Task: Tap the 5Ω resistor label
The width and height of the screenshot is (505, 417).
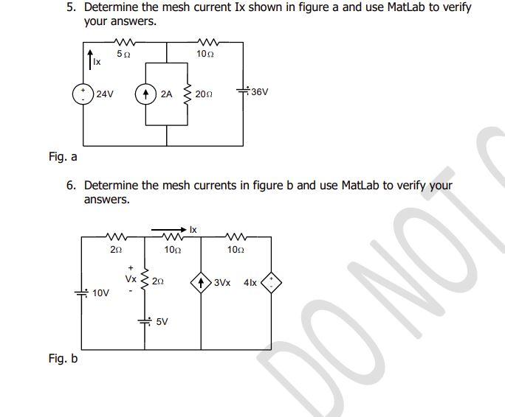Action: (124, 55)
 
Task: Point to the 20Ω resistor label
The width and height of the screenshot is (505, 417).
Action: (204, 95)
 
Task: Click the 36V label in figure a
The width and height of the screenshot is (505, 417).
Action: (259, 93)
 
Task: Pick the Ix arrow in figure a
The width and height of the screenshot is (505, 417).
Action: (89, 56)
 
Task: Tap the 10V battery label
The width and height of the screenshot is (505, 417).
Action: (101, 293)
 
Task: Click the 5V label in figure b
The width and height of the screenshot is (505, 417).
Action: (162, 321)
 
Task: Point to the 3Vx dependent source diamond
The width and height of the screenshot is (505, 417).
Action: (201, 282)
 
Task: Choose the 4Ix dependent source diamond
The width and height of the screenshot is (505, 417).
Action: (271, 282)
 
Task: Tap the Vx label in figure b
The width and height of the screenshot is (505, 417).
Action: (130, 279)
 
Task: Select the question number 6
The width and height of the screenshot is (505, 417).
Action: (71, 186)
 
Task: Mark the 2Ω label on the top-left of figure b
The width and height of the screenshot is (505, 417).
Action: (116, 250)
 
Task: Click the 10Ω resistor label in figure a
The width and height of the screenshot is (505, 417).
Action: (205, 55)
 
